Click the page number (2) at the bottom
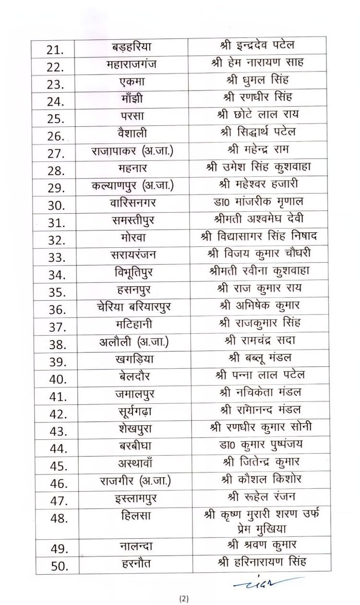185,598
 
